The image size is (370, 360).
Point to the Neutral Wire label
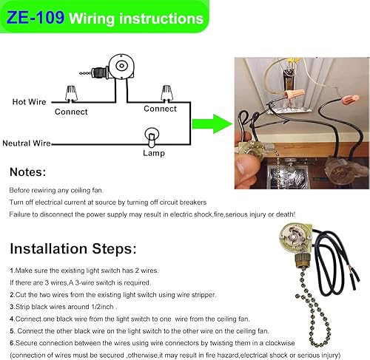click(27, 143)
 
